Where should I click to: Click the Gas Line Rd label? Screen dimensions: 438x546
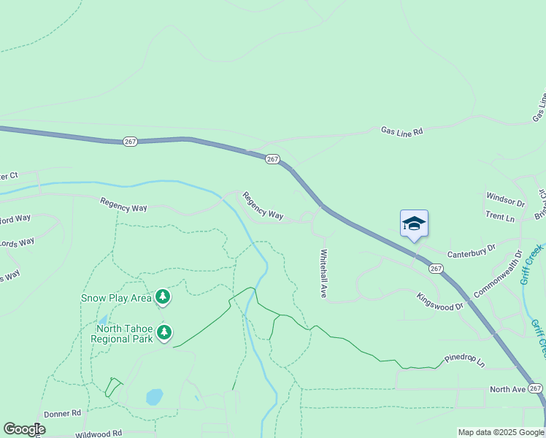401,131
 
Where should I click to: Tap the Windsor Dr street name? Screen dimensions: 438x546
506,199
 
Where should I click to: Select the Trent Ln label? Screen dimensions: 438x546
500,217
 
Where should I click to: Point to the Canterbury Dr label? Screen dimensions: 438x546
471,252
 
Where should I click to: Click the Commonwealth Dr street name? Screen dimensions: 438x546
498,274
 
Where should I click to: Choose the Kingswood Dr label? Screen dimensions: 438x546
440,301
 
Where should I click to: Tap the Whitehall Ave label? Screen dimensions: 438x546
322,274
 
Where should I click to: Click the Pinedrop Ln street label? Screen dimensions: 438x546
465,361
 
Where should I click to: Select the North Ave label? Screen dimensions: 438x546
507,390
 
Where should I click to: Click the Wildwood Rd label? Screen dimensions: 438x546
99,434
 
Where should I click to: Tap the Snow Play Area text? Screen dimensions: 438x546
116,298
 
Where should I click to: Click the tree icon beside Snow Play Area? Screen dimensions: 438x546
163,296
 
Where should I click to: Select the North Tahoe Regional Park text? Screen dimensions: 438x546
123,333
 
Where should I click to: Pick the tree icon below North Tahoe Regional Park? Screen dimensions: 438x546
165,333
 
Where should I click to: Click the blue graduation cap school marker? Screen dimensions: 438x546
414,223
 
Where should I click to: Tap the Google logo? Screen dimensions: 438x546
24,429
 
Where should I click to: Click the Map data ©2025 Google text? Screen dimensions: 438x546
500,432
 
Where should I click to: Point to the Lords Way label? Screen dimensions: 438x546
17,242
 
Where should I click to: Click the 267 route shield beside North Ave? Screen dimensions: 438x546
537,388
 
